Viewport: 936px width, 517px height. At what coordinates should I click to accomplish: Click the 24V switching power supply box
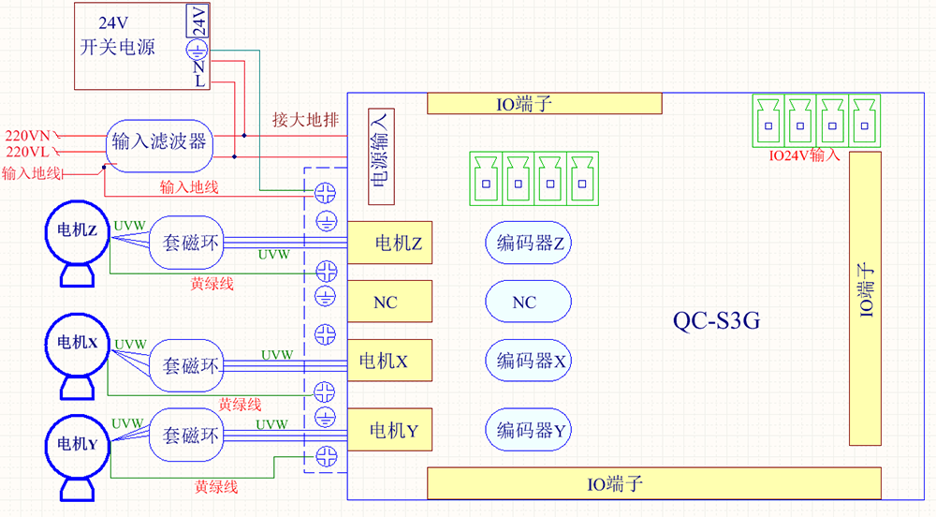tap(131, 47)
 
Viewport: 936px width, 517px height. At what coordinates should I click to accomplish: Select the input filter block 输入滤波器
tap(158, 143)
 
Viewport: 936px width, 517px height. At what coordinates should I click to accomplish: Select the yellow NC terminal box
tap(389, 303)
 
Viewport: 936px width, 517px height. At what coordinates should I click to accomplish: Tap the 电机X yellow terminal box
tap(389, 361)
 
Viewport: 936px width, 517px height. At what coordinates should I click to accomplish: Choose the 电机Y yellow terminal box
tap(389, 431)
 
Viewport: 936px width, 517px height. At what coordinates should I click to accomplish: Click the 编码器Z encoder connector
tap(529, 244)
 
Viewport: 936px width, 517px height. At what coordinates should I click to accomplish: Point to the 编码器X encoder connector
tap(529, 361)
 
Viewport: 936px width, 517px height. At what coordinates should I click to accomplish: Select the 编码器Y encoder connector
tap(529, 431)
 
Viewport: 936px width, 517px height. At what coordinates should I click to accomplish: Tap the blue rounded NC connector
tap(528, 303)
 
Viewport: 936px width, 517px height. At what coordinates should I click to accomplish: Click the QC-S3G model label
tap(717, 321)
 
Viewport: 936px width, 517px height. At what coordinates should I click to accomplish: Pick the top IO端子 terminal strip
tap(545, 104)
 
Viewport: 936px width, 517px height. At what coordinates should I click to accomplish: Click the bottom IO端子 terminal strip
tap(653, 484)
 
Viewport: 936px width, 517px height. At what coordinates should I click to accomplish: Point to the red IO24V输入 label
tap(804, 155)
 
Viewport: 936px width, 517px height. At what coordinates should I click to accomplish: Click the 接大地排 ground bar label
tap(305, 120)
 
